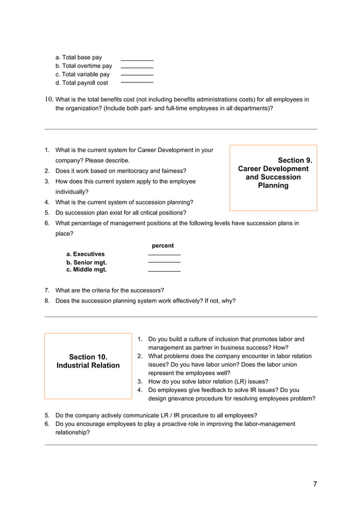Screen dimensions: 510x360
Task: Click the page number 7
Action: point(315,484)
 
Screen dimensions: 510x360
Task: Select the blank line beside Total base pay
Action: point(137,60)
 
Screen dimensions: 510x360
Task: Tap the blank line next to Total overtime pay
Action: point(137,68)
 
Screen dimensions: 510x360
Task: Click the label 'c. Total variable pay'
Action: point(82,75)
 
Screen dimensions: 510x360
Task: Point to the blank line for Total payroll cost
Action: point(137,83)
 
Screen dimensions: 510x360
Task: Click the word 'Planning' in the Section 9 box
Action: point(273,185)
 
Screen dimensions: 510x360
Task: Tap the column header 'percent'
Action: point(163,246)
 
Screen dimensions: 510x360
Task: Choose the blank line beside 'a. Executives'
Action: point(164,255)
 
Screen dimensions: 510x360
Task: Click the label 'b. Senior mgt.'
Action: point(86,263)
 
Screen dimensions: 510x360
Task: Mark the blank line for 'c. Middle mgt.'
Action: point(164,272)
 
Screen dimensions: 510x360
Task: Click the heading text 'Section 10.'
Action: point(88,357)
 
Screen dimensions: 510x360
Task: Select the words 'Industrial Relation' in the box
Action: point(88,365)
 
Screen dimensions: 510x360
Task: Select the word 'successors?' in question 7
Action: point(148,290)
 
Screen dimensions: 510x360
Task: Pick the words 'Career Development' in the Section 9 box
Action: point(273,169)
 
